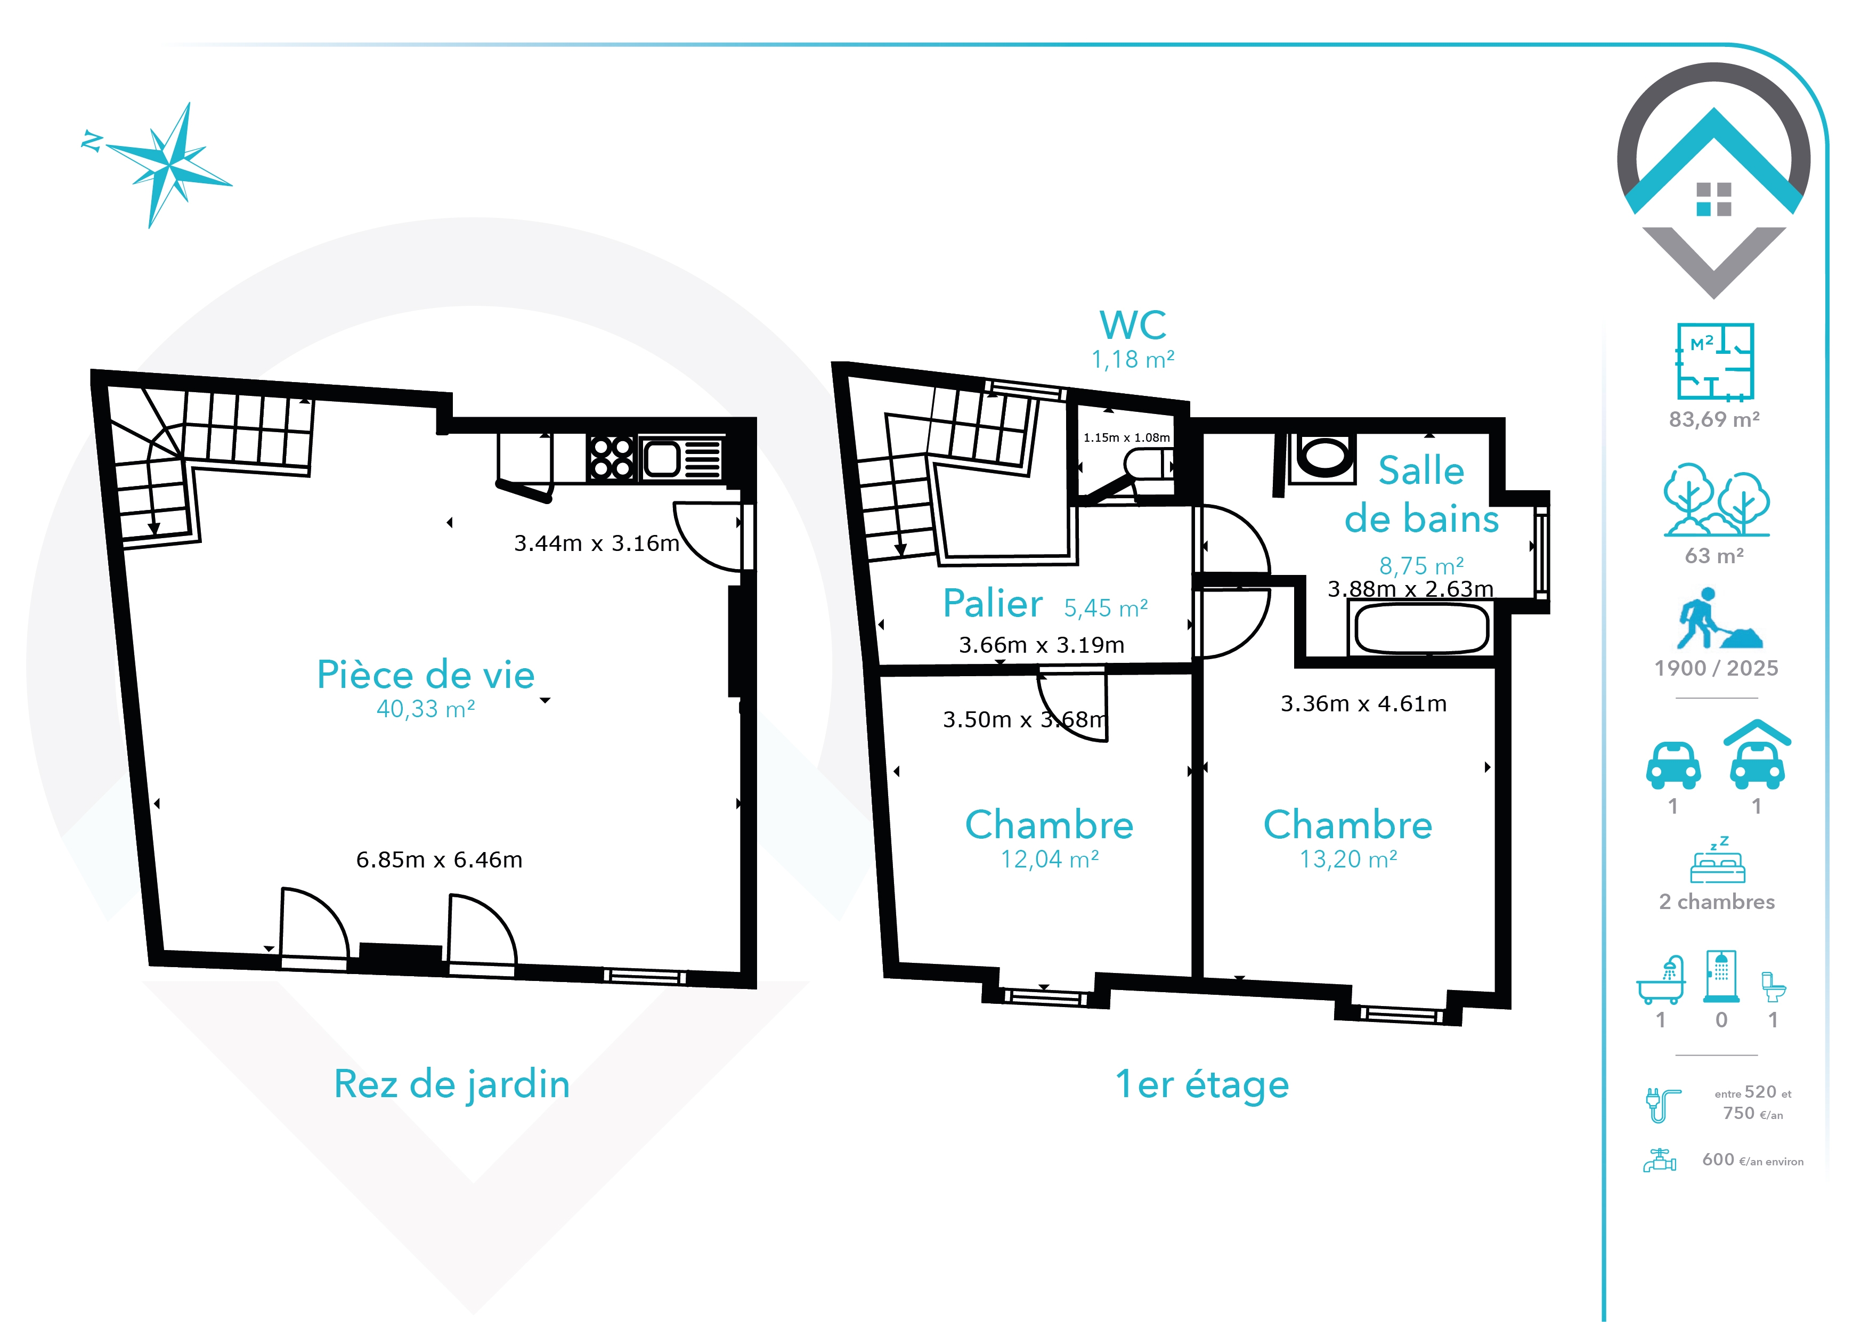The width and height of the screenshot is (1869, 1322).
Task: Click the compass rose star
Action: pos(169,165)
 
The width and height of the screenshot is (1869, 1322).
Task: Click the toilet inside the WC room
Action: pos(1149,465)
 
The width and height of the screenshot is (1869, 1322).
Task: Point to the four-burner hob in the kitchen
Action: pos(611,458)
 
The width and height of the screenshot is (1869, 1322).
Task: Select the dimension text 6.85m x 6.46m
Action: pos(439,859)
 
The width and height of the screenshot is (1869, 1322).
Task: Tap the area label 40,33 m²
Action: pos(426,709)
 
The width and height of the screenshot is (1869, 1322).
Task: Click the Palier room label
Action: pos(992,603)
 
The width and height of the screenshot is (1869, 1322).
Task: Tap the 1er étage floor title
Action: pos(1202,1084)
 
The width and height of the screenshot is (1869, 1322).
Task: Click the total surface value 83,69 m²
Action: pos(1714,419)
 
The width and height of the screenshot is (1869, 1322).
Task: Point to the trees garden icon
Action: pos(1717,499)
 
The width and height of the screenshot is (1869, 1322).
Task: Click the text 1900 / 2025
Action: pos(1716,668)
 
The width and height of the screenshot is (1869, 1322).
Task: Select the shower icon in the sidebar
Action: pos(1721,975)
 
